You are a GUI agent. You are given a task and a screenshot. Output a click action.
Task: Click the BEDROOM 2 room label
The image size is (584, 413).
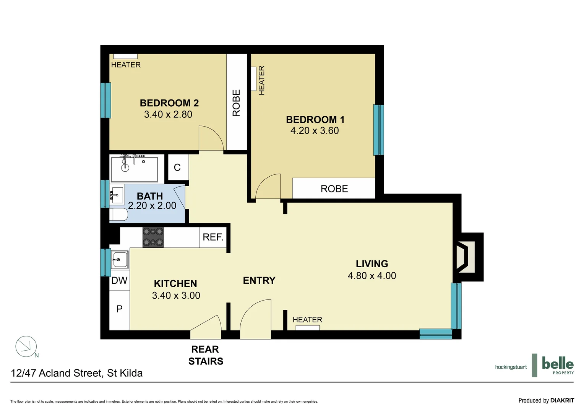point(169,103)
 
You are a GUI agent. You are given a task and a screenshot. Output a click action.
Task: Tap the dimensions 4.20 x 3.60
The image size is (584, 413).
point(314,131)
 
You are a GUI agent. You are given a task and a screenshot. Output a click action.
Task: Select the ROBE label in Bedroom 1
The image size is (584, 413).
point(334,189)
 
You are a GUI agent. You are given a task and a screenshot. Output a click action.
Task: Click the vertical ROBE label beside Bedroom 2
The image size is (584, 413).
point(237,103)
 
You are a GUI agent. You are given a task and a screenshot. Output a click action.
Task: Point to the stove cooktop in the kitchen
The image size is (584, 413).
point(153,237)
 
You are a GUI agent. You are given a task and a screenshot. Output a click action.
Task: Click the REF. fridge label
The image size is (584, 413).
point(213,237)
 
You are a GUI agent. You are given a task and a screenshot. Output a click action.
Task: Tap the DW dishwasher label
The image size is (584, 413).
point(119,281)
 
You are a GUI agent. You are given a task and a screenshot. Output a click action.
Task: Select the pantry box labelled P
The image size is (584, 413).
point(119,309)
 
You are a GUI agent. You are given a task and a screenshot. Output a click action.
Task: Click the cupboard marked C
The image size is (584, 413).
point(177,167)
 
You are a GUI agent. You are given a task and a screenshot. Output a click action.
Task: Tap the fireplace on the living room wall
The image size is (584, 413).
point(467,257)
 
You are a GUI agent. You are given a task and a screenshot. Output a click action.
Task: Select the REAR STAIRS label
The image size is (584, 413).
point(206,355)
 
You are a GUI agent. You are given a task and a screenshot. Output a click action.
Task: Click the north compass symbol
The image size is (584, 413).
point(26,346)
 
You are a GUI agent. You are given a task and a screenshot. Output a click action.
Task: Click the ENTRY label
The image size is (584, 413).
point(259,281)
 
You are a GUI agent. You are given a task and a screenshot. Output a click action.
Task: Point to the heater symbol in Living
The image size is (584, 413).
point(307,328)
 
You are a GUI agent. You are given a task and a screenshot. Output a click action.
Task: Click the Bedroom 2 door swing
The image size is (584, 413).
point(211,138)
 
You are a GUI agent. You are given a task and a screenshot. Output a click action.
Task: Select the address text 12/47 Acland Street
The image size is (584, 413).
point(76,373)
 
